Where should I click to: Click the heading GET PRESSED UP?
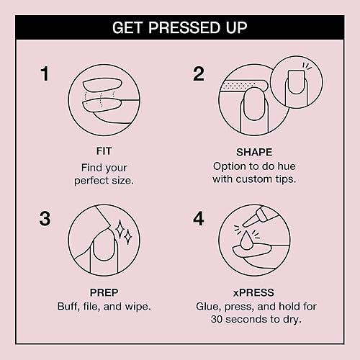[180, 29]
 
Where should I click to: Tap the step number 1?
[45, 73]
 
